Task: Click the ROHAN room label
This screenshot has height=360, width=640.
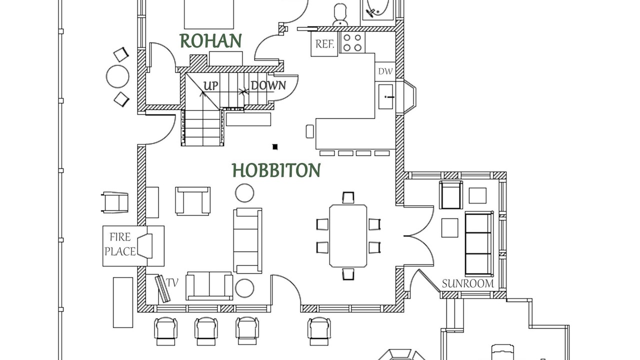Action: [210, 41]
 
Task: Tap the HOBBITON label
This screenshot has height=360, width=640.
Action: [276, 170]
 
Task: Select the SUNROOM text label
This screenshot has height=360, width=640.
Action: [467, 283]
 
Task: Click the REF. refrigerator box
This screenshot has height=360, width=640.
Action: [324, 44]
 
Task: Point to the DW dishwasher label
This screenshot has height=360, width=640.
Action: [385, 71]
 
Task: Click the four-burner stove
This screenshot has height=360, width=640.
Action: [352, 42]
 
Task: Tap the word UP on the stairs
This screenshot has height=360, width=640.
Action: [211, 86]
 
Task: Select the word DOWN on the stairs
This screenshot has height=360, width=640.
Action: [268, 85]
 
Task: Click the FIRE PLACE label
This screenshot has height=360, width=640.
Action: [120, 244]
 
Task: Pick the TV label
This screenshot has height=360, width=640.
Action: [172, 282]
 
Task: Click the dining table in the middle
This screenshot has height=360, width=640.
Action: [348, 235]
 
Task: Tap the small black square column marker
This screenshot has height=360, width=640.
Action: [274, 146]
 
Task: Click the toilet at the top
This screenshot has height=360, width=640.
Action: [340, 13]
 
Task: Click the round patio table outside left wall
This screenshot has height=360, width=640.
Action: [117, 77]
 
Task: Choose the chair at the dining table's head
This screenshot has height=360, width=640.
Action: [348, 197]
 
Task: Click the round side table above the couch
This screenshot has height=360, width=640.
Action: [244, 193]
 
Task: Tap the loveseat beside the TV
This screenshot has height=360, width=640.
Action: [209, 286]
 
